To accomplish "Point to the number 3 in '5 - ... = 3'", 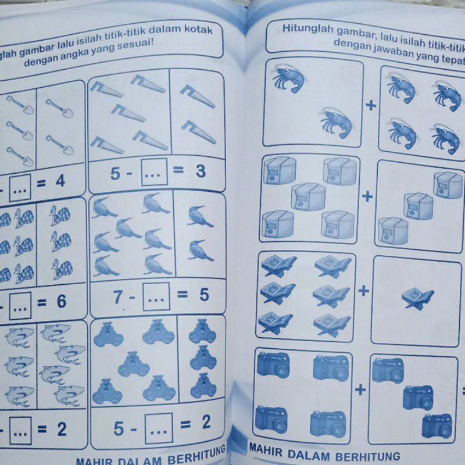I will pos(201,172).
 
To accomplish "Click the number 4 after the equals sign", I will pos(59,181).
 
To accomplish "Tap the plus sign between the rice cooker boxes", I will pos(367,196).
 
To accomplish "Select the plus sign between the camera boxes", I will pos(360,389).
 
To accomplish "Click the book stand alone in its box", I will pos(417,299).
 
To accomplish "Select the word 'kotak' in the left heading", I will pos(196,30).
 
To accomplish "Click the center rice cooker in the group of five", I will pos(309,197).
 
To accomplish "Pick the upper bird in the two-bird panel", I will pos(200,216).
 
